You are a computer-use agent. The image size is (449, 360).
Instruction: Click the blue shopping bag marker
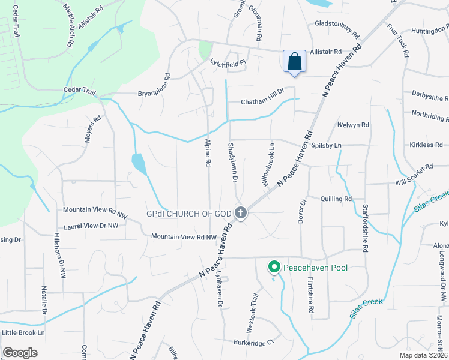(294, 62)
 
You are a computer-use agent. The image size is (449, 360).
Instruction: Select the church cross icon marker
(240, 212)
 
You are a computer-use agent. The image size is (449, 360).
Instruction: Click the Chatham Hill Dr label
(262, 103)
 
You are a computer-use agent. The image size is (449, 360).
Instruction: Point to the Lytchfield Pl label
(228, 62)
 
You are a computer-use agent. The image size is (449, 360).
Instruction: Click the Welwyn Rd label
(353, 125)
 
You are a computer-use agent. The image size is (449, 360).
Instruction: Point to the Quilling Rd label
(336, 199)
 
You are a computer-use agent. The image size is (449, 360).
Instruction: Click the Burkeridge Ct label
(253, 342)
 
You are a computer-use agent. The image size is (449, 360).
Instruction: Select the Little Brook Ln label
(23, 332)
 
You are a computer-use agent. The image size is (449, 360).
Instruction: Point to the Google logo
(20, 353)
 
